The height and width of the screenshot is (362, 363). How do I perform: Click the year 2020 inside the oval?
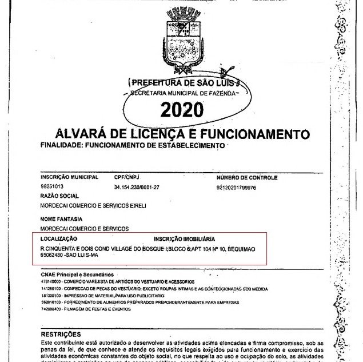point(181,109)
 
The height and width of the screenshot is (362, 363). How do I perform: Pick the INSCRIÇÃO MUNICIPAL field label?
point(66,177)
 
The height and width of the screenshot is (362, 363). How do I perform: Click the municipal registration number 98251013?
point(52,187)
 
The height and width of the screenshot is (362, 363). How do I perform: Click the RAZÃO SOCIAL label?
point(56,196)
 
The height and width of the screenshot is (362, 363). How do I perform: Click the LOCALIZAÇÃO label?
point(59,238)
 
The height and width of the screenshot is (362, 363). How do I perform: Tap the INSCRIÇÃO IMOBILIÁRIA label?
point(184,238)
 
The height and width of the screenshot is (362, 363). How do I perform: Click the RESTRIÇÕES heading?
point(61,334)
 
